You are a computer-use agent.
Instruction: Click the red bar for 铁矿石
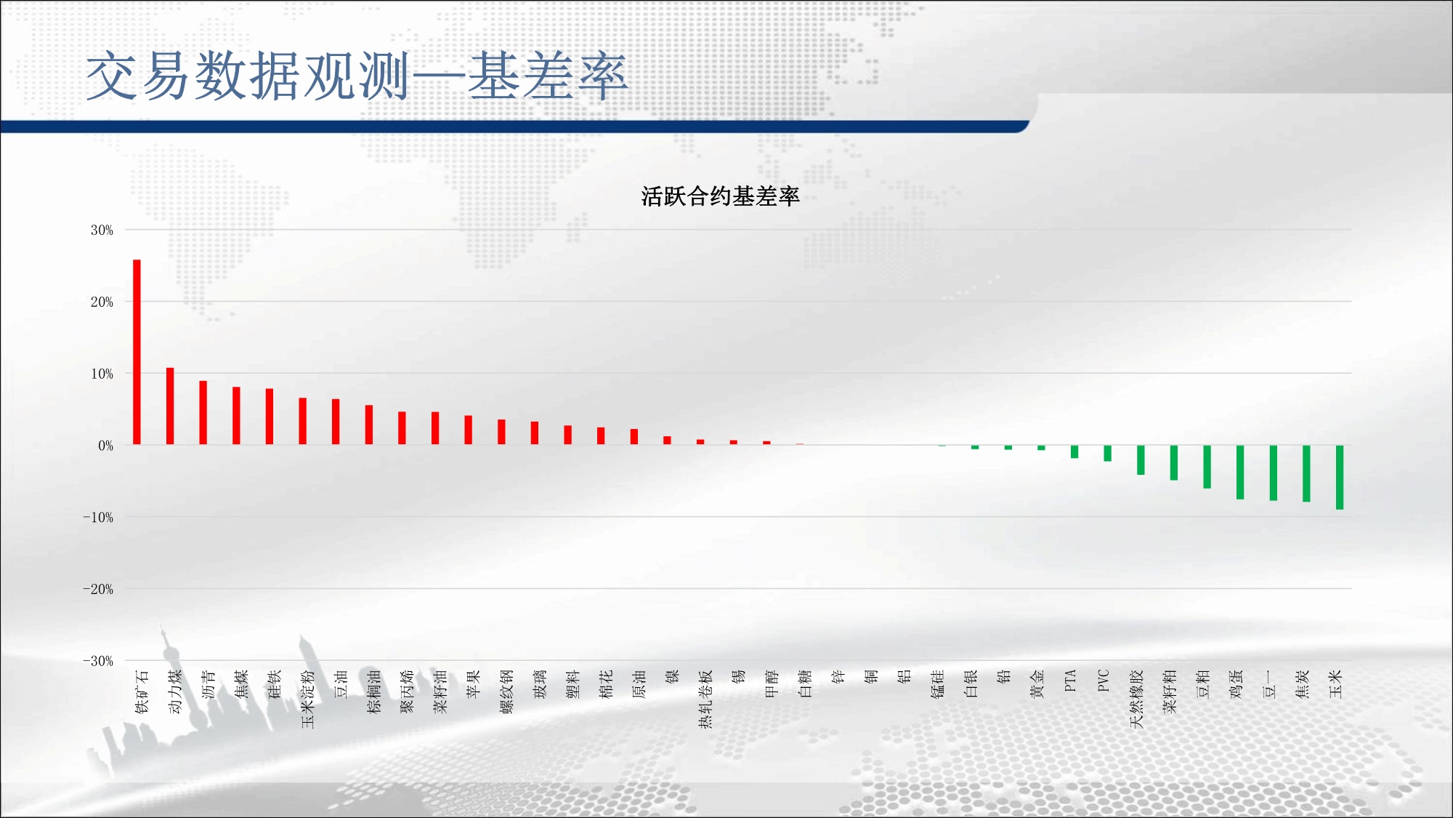pos(137,352)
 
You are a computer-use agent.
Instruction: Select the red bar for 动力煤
pos(170,406)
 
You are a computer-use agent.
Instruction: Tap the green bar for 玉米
pos(1340,477)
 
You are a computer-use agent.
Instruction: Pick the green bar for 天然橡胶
pos(1141,460)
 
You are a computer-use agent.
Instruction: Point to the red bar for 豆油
pos(336,422)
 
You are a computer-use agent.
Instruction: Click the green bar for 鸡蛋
pos(1240,472)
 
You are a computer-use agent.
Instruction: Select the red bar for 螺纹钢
pos(501,432)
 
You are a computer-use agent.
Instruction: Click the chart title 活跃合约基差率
pos(720,196)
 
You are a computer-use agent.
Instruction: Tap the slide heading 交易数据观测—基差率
pos(357,76)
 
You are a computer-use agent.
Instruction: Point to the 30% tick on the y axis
pos(102,230)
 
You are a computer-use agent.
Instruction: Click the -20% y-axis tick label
pos(98,590)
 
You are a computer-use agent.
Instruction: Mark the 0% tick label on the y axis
pos(106,446)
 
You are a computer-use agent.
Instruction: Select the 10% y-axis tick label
pos(102,374)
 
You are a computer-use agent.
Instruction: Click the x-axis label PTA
pos(1070,681)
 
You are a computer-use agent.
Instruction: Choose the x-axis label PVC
pos(1104,681)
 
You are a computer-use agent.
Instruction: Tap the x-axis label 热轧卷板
pos(705,699)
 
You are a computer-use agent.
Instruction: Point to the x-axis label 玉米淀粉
pos(307,699)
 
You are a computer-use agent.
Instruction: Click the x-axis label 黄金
pos(1037,684)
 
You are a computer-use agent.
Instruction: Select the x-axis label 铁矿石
pos(142,691)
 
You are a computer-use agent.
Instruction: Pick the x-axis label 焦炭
pos(1302,684)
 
